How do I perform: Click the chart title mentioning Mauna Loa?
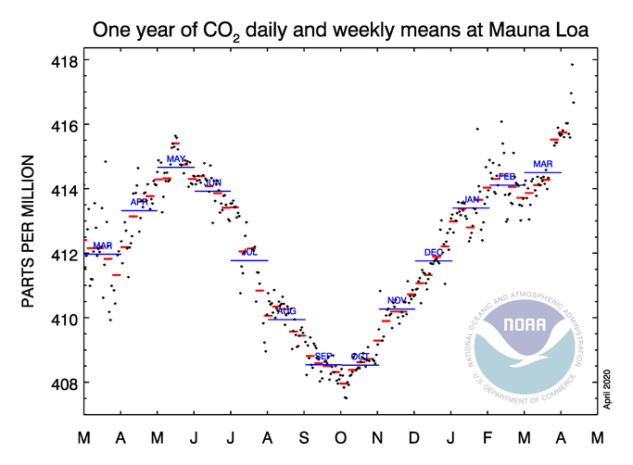(341, 31)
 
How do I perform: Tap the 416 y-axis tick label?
(63, 125)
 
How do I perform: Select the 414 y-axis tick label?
(63, 189)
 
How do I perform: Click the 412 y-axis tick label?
(63, 254)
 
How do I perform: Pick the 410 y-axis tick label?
(63, 318)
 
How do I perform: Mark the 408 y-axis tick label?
(63, 383)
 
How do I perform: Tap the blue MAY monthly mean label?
(176, 159)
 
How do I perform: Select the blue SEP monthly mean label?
(323, 357)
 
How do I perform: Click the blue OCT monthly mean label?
(361, 357)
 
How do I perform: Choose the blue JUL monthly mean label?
(249, 252)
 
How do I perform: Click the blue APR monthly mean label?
(139, 202)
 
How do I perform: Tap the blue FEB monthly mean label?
(506, 176)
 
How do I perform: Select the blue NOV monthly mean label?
(397, 300)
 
